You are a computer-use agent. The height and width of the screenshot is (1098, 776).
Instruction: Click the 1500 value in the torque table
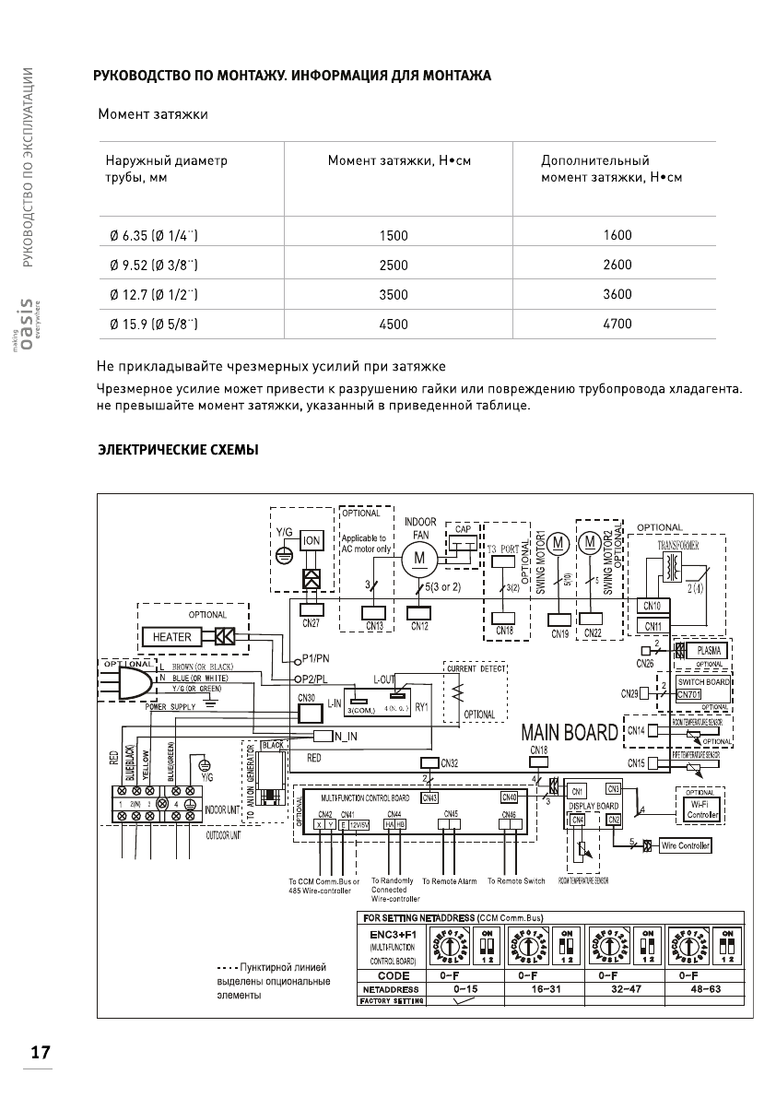pos(394,235)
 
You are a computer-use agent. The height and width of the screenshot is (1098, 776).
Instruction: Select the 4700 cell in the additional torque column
pos(617,324)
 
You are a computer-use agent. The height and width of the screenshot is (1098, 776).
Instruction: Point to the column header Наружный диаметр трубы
pos(166,169)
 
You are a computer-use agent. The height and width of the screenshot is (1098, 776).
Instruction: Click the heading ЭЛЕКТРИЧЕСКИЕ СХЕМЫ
pos(178,450)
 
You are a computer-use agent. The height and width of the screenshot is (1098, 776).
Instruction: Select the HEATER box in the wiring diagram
pos(172,637)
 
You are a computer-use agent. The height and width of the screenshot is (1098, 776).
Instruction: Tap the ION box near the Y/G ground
pos(312,540)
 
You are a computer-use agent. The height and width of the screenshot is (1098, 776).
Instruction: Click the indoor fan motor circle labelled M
pos(419,558)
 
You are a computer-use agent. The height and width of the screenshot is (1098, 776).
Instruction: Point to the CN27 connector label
pos(310,623)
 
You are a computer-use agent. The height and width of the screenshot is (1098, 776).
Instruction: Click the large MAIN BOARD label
pos(569,733)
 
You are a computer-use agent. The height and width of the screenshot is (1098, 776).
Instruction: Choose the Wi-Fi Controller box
pos(703,809)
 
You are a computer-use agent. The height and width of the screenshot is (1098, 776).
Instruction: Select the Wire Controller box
pos(686,846)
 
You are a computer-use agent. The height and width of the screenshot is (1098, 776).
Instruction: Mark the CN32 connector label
pos(450,762)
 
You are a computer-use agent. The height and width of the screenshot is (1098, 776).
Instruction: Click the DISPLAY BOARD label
pos(594,806)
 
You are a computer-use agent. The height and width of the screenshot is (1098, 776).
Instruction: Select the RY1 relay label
pos(424,707)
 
